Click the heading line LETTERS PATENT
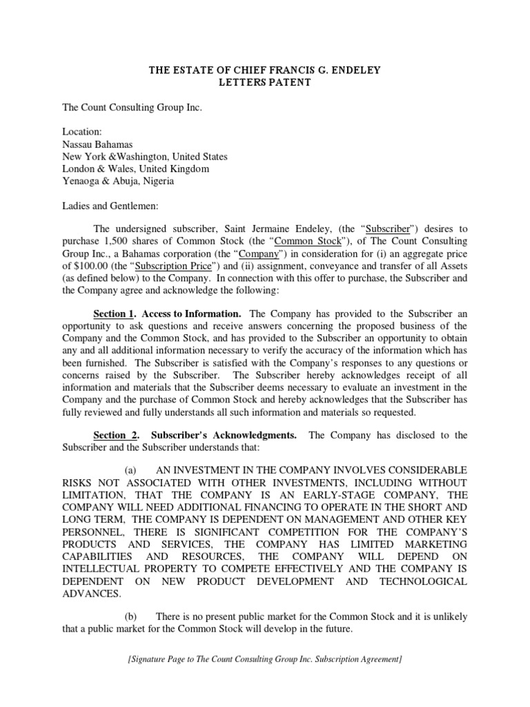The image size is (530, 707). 265,83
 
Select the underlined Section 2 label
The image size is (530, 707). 115,435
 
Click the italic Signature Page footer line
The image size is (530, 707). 265,659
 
